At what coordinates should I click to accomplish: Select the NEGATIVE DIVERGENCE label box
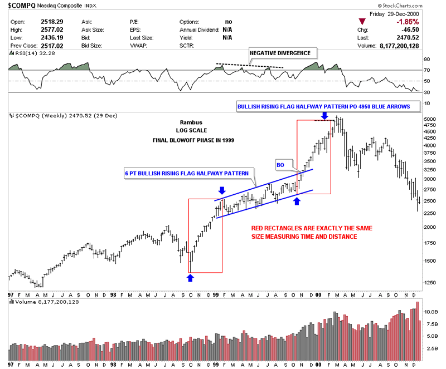point(283,53)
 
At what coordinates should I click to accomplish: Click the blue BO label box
point(282,165)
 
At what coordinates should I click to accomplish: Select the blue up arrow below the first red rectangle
point(191,277)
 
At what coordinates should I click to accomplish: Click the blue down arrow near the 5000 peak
point(324,116)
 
